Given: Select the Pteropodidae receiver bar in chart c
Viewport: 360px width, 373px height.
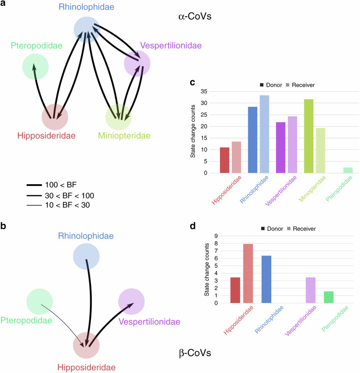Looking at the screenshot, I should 348,170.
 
